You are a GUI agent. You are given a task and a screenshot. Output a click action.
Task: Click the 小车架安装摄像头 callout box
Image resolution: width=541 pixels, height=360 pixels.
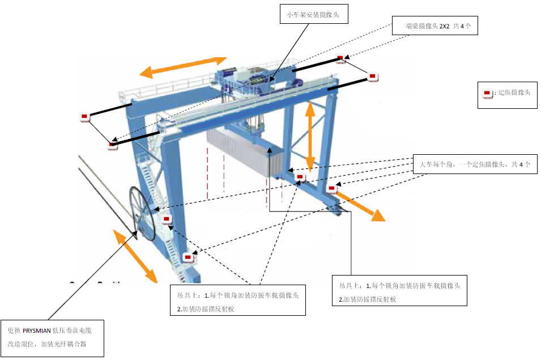point(313,14)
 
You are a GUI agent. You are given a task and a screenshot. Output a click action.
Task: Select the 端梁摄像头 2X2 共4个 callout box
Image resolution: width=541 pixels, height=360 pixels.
point(435,26)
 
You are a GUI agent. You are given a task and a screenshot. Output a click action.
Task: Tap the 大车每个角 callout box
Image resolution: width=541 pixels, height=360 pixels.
point(475,164)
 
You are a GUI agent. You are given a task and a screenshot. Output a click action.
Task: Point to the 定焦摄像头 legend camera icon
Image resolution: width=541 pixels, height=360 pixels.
point(487,92)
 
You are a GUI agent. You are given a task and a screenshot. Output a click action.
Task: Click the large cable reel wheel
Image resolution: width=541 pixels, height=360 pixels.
point(142,213)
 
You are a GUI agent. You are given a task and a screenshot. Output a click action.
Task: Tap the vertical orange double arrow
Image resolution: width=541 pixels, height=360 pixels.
point(310,136)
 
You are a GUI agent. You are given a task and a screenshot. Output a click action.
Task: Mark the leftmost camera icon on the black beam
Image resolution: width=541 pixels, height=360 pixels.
point(84,117)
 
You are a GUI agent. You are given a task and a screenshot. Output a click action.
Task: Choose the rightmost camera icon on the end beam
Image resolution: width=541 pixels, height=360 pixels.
point(373,77)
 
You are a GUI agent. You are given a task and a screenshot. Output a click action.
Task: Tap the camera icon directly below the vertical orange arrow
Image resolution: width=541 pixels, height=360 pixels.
point(300,178)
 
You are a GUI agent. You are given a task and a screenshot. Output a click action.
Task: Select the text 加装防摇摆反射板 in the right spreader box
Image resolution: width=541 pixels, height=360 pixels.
point(370,299)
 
